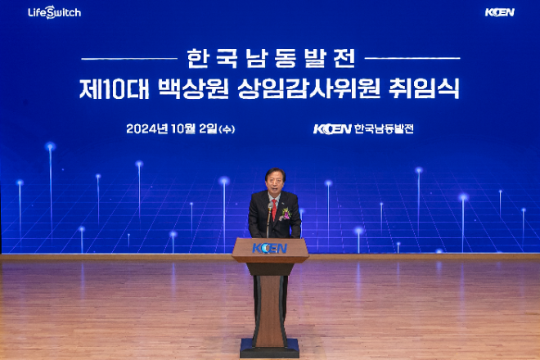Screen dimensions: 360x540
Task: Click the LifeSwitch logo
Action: [54, 12]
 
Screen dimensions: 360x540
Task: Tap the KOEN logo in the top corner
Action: [499, 12]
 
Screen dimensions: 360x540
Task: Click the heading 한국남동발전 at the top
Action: [271, 58]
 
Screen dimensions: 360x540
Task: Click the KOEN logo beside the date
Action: [331, 128]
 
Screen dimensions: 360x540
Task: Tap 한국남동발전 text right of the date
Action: [384, 128]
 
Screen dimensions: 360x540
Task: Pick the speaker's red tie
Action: [273, 208]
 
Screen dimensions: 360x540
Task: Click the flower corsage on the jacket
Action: [285, 214]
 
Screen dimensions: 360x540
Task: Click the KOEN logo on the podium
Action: [270, 248]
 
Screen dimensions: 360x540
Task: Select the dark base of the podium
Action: [270, 348]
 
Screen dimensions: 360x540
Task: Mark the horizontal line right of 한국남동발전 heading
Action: [412, 58]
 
